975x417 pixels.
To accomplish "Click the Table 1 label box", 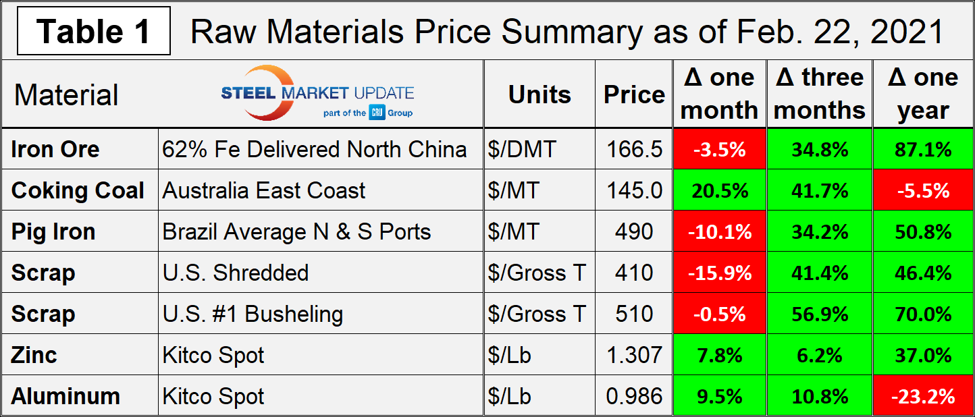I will tap(94, 31).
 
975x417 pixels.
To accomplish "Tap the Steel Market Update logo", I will tap(317, 94).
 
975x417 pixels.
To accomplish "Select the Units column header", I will tap(539, 94).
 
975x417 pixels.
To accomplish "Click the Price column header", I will tap(634, 94).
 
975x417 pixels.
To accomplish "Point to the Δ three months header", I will tap(820, 94).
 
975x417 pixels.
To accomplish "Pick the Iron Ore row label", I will tap(55, 149).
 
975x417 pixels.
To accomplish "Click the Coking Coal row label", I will tap(78, 190).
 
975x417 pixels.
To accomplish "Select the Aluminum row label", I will tap(65, 396).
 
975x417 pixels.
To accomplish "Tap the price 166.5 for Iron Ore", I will tap(634, 149).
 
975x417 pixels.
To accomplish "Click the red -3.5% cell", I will tap(719, 149).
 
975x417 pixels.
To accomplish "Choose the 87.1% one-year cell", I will tap(923, 149).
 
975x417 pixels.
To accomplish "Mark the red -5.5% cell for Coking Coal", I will tap(923, 190).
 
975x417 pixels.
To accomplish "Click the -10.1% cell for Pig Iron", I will tap(719, 231).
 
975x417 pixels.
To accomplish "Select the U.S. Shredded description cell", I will tap(236, 273).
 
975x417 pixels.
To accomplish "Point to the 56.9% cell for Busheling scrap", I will tap(820, 314).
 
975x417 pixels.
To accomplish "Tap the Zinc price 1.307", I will tap(634, 355).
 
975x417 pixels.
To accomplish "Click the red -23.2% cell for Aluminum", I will tap(923, 396).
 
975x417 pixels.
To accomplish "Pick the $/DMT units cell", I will tap(521, 149).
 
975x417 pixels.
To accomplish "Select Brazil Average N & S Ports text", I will tap(296, 231).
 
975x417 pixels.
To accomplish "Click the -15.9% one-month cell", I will tap(719, 273).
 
